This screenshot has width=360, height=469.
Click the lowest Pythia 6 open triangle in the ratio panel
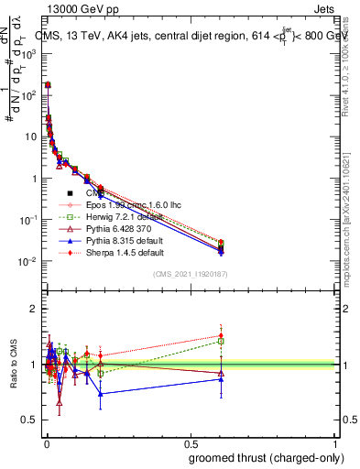[60, 402]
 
